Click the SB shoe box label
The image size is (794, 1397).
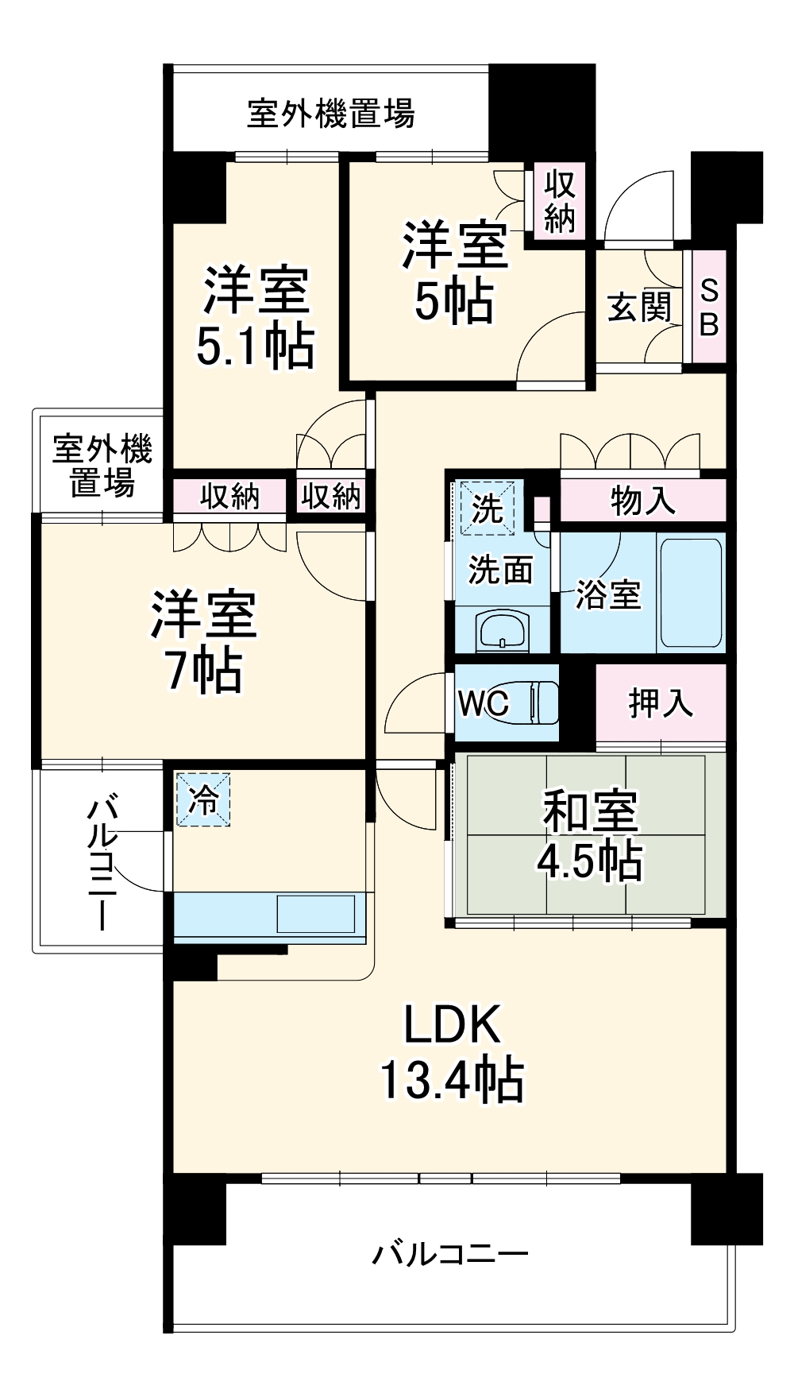[709, 307]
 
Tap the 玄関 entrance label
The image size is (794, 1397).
[639, 308]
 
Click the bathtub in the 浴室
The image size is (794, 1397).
[691, 592]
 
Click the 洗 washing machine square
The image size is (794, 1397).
[486, 506]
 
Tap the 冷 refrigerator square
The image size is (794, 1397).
[203, 799]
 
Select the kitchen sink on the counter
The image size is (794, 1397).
[315, 914]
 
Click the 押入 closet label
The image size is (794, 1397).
[661, 703]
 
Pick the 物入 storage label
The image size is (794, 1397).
[643, 501]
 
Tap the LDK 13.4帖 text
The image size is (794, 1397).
[452, 1051]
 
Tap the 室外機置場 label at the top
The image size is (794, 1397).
[330, 114]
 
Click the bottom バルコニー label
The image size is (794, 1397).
[450, 1256]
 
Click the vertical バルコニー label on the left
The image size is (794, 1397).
[102, 865]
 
